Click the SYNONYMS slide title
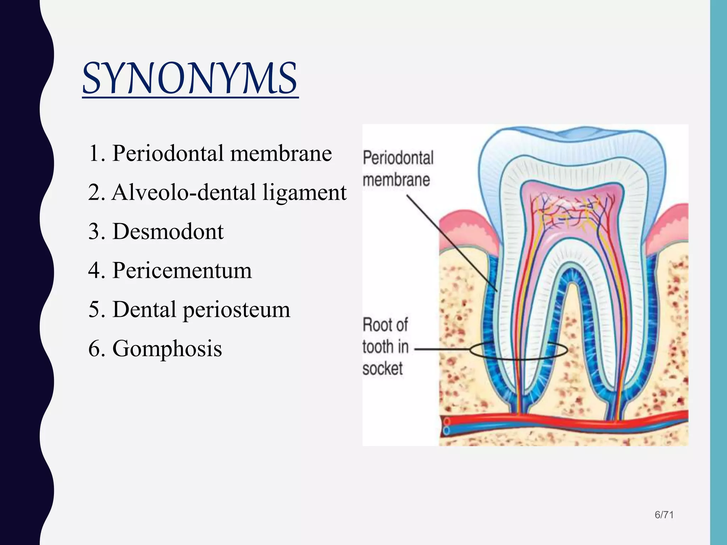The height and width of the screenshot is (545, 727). pos(190,79)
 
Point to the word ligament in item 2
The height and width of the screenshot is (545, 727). pos(304,193)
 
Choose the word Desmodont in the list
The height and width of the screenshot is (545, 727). pos(168,231)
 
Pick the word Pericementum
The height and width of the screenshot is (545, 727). pos(182,270)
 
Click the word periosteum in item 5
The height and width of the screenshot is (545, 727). pos(236,310)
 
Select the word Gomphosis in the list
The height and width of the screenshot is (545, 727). pos(167,348)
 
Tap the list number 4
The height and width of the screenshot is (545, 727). pos(95,271)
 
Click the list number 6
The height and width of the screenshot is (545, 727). pos(95,348)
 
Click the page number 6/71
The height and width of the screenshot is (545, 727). pos(664,515)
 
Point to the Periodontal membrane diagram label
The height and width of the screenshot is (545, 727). pos(398,169)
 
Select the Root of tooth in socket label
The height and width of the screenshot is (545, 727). pos(385,347)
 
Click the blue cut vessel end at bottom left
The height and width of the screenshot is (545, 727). pos(447,431)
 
